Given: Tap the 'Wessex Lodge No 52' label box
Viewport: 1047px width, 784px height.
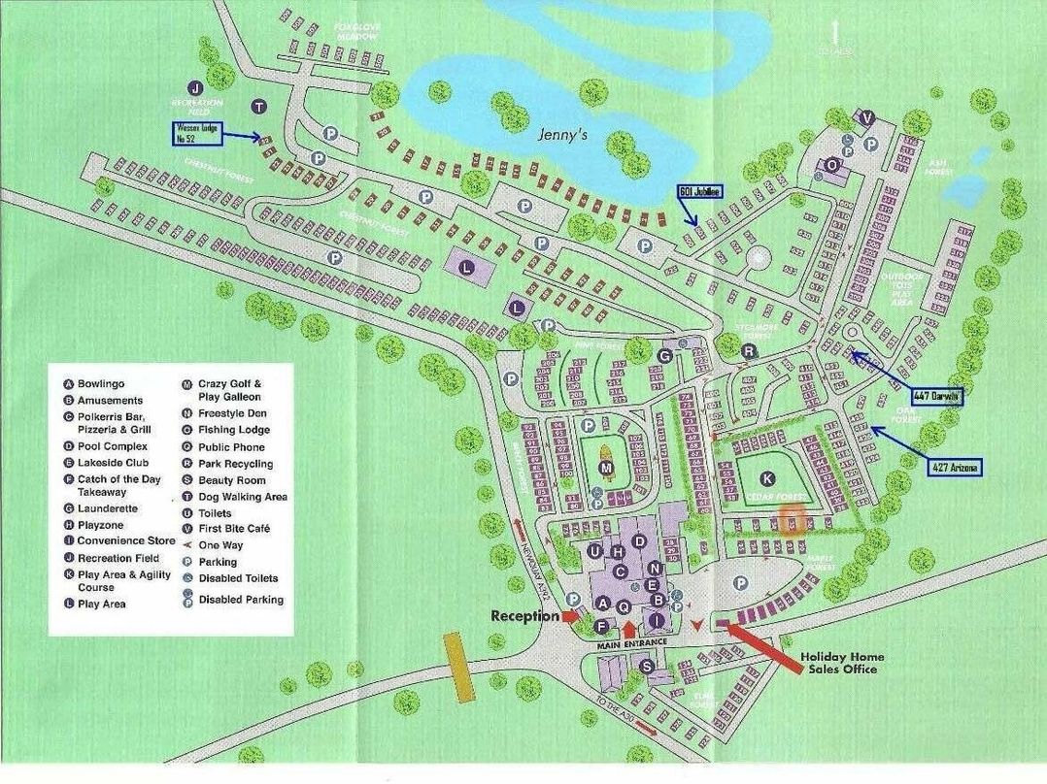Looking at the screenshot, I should point(199,133).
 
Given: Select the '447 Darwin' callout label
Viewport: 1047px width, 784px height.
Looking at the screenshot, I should point(937,396).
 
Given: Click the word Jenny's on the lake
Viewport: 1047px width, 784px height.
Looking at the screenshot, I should point(564,137).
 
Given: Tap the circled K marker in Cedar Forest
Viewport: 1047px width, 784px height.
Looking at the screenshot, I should point(767,478).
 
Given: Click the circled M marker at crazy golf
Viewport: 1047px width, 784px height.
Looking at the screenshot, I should point(607,469).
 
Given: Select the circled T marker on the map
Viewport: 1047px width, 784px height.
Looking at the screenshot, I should point(258,106).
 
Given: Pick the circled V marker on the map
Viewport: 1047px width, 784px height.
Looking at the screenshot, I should point(867,118).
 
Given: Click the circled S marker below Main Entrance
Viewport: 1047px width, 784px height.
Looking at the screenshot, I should point(647,666).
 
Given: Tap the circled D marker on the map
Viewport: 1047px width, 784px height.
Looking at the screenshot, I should point(639,540).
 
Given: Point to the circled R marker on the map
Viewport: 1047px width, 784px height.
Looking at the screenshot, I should point(749,351).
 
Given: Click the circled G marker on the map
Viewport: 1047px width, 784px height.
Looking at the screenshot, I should point(664,356).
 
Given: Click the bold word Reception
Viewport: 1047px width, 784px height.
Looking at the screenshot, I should point(524,616).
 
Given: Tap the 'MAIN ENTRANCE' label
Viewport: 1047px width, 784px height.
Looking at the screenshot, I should point(631,643).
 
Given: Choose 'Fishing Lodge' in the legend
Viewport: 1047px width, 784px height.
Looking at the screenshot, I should point(234,430).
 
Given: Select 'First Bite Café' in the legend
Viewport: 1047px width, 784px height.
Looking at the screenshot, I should point(234,529).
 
